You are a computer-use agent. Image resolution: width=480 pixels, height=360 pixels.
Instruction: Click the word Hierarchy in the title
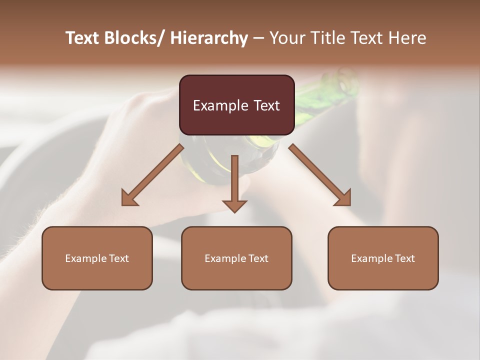pyautogui.click(x=209, y=38)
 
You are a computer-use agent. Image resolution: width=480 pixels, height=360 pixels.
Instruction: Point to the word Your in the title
pyautogui.click(x=285, y=38)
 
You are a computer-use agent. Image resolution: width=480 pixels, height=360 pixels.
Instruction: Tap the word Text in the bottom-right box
pyautogui.click(x=404, y=258)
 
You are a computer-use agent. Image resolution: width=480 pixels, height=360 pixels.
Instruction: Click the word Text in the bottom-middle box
pyautogui.click(x=257, y=258)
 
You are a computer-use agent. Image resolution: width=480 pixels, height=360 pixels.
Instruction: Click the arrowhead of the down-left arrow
pyautogui.click(x=129, y=198)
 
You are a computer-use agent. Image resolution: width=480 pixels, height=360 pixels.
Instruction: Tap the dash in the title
pyautogui.click(x=258, y=38)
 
